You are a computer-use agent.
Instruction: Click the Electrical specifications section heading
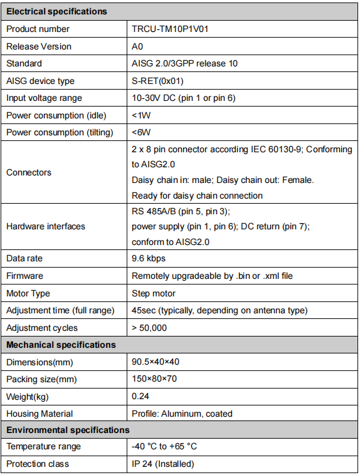(x=56, y=11)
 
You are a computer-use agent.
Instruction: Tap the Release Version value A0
(x=137, y=46)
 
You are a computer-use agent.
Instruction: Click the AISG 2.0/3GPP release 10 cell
(x=184, y=63)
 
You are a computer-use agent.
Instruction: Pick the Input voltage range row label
(x=44, y=98)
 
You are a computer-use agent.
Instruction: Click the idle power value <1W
(x=141, y=115)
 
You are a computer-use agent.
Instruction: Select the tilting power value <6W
(x=141, y=132)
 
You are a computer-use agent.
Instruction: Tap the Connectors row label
(x=29, y=172)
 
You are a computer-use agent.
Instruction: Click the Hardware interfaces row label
(x=46, y=226)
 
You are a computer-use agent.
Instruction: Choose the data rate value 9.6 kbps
(x=149, y=258)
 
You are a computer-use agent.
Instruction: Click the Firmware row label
(x=25, y=276)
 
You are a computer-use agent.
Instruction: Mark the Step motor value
(x=154, y=293)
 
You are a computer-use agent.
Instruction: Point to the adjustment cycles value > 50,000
(x=149, y=328)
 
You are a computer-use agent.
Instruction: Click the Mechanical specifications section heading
(x=61, y=345)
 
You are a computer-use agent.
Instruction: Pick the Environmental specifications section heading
(x=68, y=430)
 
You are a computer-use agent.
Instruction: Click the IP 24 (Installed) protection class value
(x=163, y=464)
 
